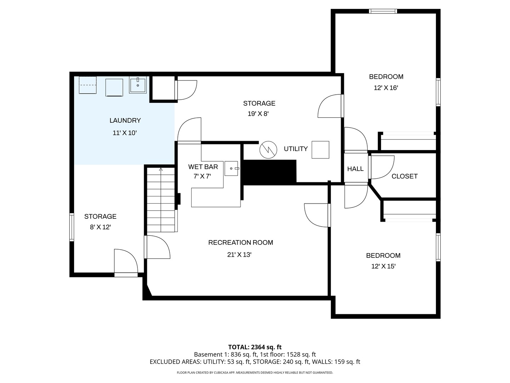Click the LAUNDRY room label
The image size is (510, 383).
pyautogui.click(x=125, y=121)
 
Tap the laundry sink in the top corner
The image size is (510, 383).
pyautogui.click(x=138, y=85)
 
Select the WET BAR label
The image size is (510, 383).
pyautogui.click(x=203, y=167)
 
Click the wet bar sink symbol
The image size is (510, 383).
pyautogui.click(x=231, y=168)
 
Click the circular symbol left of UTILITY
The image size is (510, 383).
pyautogui.click(x=268, y=150)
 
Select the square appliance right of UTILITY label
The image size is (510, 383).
pyautogui.click(x=320, y=150)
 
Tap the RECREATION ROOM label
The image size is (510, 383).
pyautogui.click(x=240, y=243)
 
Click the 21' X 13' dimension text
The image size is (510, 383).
pyautogui.click(x=239, y=255)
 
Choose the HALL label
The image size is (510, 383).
pyautogui.click(x=355, y=169)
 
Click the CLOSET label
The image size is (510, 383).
pyautogui.click(x=404, y=176)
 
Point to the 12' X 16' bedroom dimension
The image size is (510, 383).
pyautogui.click(x=386, y=88)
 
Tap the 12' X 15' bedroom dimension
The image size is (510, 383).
pyautogui.click(x=383, y=266)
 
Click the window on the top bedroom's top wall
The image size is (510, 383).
pyautogui.click(x=383, y=11)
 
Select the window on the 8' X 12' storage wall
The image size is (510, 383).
pyautogui.click(x=72, y=227)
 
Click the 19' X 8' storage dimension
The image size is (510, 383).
pyautogui.click(x=259, y=114)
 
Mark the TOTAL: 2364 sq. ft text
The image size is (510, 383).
pyautogui.click(x=255, y=347)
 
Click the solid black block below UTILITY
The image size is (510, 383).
pyautogui.click(x=270, y=172)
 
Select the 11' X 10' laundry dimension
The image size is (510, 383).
pyautogui.click(x=125, y=133)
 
